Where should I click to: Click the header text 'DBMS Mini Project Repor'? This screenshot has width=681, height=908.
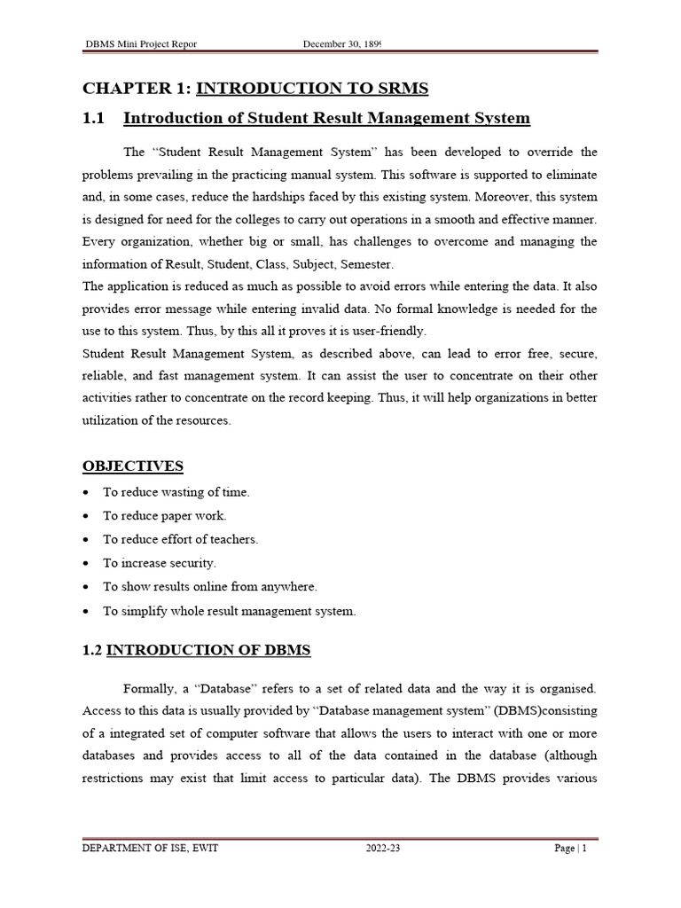(140, 43)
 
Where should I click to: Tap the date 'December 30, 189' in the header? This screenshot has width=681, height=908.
(341, 43)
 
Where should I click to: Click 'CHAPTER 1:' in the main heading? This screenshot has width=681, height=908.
(137, 88)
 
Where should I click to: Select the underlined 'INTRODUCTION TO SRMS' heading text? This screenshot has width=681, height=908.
(312, 88)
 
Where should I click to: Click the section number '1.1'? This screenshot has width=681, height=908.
(94, 118)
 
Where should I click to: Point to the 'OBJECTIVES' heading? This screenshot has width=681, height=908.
(133, 466)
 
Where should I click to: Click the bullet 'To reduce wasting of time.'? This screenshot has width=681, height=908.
(176, 492)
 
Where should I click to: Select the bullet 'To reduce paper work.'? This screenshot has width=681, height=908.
(165, 515)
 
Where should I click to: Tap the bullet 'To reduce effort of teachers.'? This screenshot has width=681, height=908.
(180, 539)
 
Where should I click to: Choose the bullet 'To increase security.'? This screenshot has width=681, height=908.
(160, 563)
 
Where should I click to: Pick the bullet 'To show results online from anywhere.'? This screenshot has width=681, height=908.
(209, 586)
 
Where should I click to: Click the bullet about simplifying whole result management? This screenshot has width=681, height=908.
(229, 611)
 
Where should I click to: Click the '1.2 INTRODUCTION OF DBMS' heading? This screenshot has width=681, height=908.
(197, 651)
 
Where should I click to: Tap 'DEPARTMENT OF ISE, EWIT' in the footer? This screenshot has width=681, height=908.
(151, 849)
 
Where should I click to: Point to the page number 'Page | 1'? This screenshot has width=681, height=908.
(571, 849)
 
